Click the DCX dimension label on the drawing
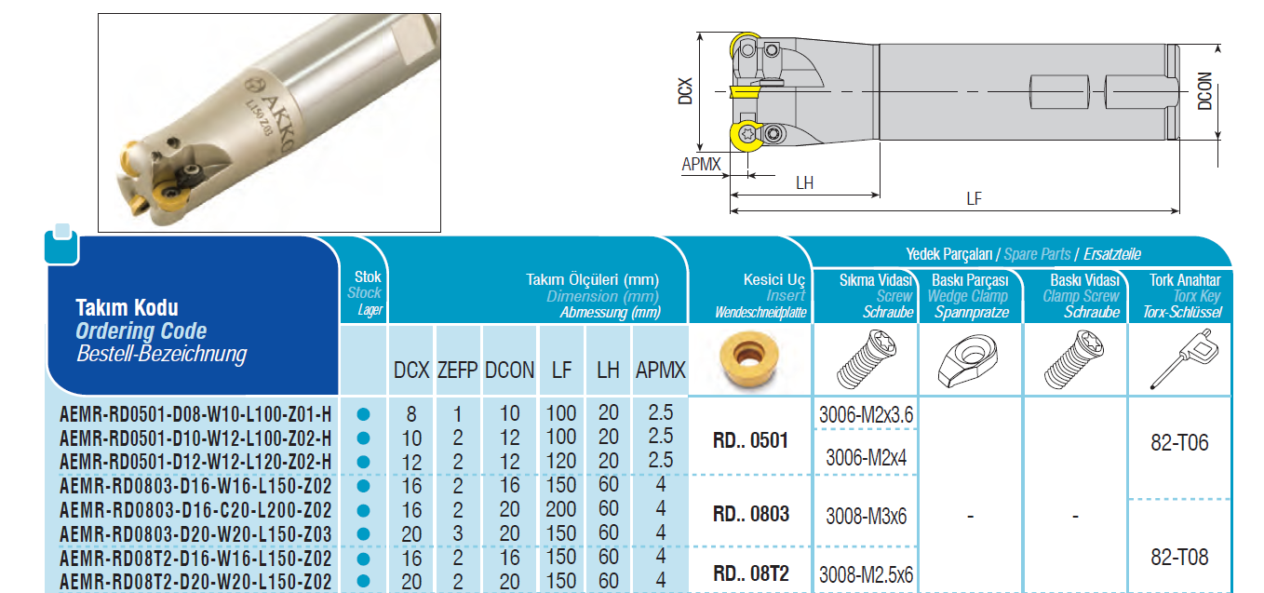click(x=684, y=91)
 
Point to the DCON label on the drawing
click(x=1204, y=91)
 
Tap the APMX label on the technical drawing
click(x=701, y=164)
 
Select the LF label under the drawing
click(x=974, y=198)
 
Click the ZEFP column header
click(x=457, y=371)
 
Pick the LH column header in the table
click(x=608, y=371)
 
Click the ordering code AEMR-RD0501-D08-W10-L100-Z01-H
click(x=195, y=414)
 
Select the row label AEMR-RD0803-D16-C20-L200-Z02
click(x=195, y=510)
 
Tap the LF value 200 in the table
click(x=560, y=509)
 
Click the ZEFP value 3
click(x=458, y=533)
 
